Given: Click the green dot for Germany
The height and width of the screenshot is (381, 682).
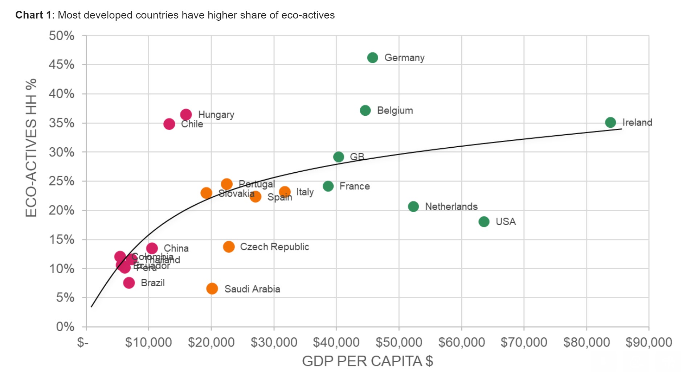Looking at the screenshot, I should point(372,58).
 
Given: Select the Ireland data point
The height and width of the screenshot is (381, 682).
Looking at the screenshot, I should point(610,123).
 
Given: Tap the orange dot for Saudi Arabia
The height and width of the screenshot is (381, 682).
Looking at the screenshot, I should point(212,289).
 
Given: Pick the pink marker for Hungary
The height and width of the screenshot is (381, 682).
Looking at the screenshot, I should point(186,115).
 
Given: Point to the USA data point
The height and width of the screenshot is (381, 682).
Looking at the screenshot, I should point(484,222).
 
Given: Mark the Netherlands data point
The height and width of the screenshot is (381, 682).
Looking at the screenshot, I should point(413,207).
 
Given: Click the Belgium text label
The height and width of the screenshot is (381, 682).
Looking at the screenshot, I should point(395,111).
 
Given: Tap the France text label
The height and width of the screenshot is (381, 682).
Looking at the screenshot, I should point(355,187).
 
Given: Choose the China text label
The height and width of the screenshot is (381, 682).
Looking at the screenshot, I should point(176,249).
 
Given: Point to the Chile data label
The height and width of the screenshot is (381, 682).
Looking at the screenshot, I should point(192,124).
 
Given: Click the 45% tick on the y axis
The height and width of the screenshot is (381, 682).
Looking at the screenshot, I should point(61,65).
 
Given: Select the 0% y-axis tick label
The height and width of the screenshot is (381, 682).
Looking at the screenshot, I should point(65,327).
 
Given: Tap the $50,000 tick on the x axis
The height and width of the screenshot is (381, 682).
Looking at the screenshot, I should point(399,342).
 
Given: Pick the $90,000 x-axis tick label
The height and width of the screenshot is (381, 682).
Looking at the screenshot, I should point(649,342).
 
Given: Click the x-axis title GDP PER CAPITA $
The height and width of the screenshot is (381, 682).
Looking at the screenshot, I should point(367,361).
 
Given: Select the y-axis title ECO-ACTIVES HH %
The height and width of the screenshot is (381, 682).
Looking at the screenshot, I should point(31,148).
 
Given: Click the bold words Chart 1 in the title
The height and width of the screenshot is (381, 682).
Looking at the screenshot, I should point(33,15).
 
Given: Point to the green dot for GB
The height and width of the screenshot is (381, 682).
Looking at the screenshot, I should point(339,157).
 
